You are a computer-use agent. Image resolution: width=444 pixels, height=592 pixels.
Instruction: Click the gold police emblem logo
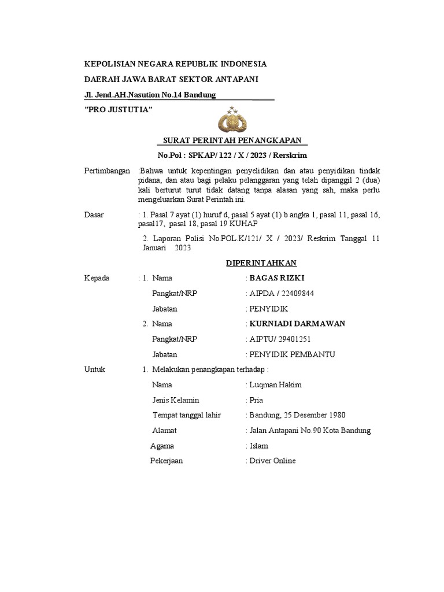[232, 120]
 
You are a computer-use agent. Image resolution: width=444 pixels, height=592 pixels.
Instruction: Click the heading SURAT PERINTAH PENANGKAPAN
[233, 140]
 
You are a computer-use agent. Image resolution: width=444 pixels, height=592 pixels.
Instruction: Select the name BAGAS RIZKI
[272, 278]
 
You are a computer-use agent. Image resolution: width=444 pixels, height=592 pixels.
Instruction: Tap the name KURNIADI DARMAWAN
[297, 323]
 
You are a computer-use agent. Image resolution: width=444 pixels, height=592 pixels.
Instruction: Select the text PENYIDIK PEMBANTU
[292, 354]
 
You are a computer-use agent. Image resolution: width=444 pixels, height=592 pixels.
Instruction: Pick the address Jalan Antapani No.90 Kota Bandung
[309, 430]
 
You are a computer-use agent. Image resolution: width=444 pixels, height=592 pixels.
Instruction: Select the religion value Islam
[258, 446]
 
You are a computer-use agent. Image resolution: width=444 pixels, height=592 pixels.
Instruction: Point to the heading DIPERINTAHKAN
[261, 263]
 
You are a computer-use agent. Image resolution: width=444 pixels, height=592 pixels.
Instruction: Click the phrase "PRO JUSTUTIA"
[119, 110]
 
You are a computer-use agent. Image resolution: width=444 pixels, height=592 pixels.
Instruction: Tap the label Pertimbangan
[108, 172]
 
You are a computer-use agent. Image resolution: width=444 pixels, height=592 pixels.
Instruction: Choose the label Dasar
[94, 214]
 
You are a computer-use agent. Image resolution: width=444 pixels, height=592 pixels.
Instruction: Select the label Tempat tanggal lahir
[187, 415]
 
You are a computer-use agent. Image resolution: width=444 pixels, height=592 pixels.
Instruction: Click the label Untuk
[95, 369]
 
